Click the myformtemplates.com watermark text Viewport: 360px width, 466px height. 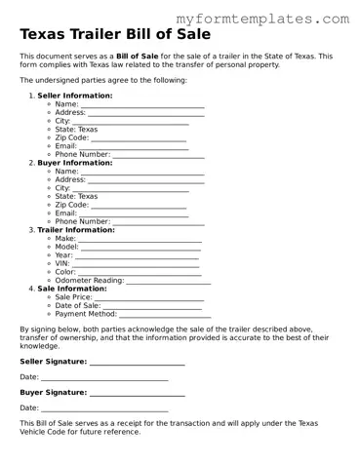coord(262,19)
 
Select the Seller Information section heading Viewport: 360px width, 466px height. coord(74,96)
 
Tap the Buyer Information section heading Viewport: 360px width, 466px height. coord(74,163)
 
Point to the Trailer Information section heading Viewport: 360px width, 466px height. coord(75,230)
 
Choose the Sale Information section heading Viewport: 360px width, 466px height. coord(71,289)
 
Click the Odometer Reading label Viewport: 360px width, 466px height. coord(90,280)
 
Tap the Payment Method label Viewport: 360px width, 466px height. coord(86,314)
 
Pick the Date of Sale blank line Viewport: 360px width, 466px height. coord(153,306)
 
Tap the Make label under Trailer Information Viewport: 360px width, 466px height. coord(65,238)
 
